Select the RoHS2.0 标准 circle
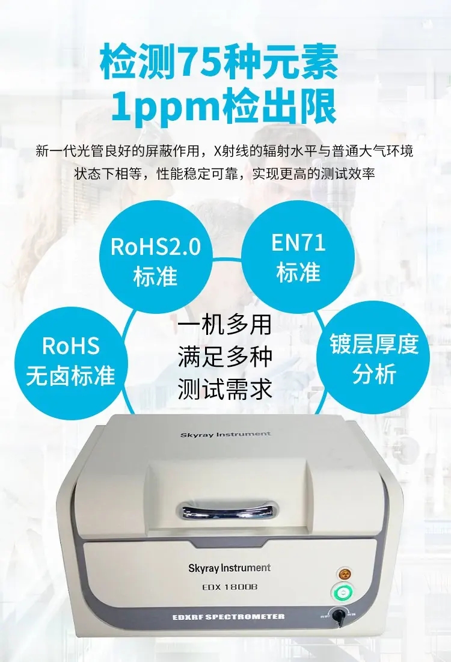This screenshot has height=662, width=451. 155,257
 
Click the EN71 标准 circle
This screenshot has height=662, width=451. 298,257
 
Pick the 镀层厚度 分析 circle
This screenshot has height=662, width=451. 373,358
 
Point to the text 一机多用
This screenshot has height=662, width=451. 224,325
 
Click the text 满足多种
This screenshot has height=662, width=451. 224,357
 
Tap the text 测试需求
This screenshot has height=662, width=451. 224,389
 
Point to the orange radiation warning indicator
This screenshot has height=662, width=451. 345,574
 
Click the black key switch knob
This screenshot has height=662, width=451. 338,614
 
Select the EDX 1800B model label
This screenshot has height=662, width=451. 230,587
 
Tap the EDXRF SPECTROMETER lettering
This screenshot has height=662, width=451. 229,617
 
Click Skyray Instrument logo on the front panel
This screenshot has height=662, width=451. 229,568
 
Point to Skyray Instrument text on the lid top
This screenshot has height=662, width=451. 226,434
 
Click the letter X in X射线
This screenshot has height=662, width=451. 218,151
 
